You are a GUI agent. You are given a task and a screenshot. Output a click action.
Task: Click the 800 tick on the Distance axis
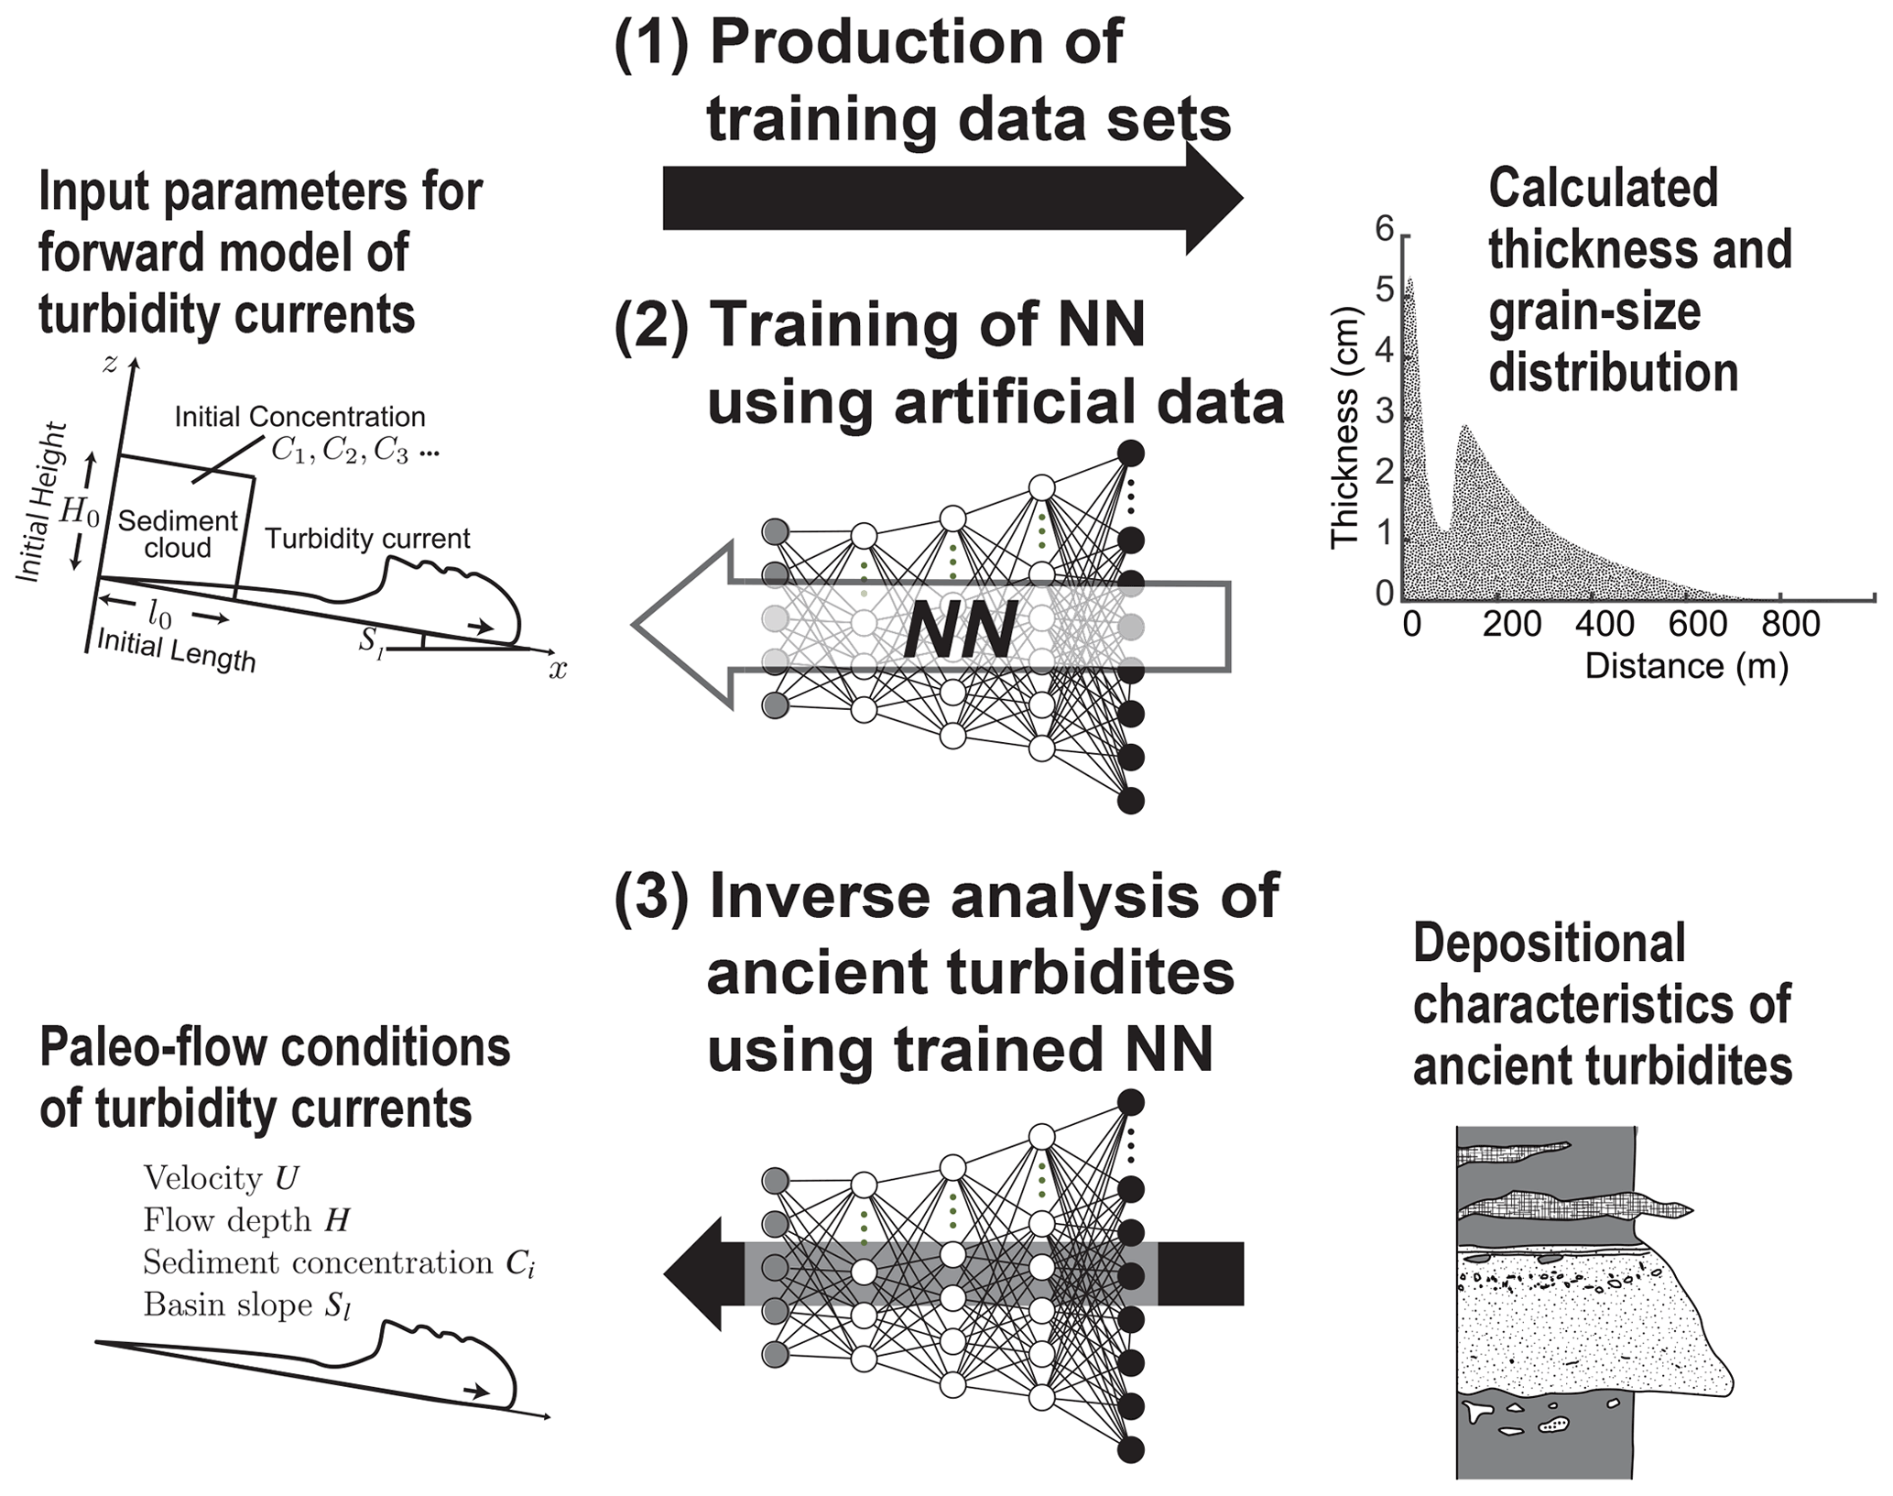pos(1790,624)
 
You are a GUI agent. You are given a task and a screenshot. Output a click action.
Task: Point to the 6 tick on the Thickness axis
pos(1384,229)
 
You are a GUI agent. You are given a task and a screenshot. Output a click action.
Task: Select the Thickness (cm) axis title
pos(1344,427)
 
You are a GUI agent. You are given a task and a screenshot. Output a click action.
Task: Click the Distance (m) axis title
pos(1686,666)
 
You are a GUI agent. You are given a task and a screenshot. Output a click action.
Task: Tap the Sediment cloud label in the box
pos(177,534)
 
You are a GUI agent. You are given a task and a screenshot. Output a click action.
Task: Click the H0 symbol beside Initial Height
pos(79,512)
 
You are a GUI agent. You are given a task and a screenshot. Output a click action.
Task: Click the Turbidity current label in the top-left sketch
pos(367,539)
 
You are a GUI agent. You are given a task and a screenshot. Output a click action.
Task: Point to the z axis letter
pos(111,364)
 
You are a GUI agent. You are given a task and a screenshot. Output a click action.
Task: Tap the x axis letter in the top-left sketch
pos(558,671)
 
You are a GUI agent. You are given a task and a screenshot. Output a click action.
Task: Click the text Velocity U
pos(221,1178)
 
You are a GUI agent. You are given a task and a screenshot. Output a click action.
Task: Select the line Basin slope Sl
pos(247,1305)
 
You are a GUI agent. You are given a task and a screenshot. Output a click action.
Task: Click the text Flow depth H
pos(246,1220)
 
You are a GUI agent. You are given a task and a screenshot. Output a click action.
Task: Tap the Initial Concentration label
pos(299,417)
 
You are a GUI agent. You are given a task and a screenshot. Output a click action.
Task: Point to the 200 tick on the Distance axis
pos(1512,624)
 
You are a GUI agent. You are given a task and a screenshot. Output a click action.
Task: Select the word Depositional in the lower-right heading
pos(1549,943)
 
